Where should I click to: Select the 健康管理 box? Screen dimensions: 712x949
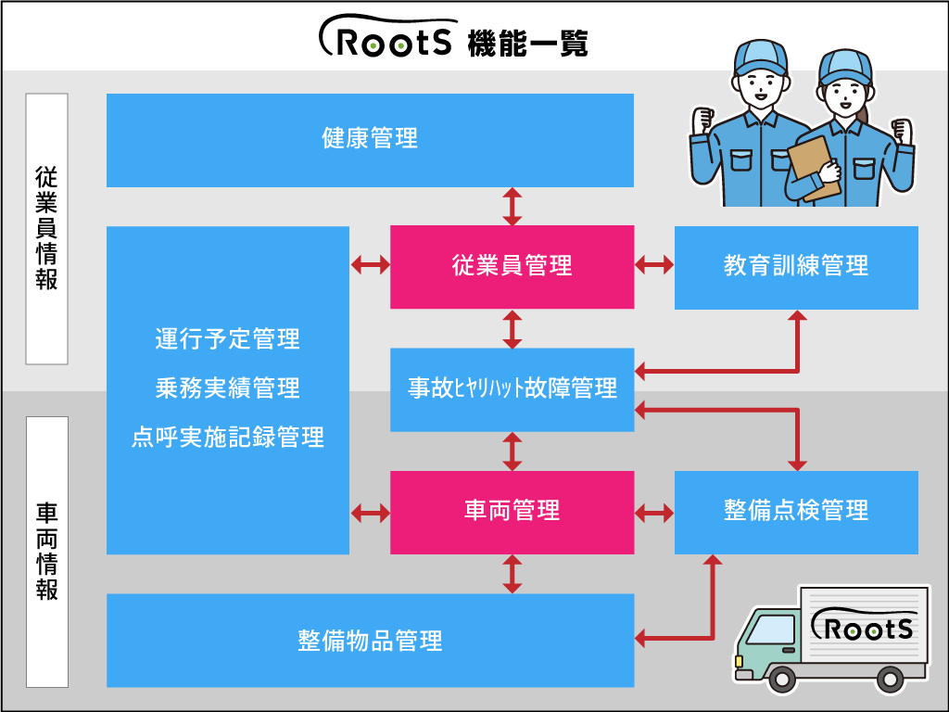370,140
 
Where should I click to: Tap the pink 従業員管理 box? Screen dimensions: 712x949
512,267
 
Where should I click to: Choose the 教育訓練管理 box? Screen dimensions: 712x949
795,267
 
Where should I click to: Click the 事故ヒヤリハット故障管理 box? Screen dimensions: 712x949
512,388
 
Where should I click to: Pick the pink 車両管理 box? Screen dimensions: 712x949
512,512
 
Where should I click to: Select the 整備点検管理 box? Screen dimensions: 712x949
795,512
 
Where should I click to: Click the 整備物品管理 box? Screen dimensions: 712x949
370,641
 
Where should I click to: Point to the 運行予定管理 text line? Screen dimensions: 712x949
228,339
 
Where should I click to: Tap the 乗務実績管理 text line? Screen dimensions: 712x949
228,388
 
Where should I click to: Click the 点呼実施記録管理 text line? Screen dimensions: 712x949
228,438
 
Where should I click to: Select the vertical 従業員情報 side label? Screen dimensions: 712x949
46,228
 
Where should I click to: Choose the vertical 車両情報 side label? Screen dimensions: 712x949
46,552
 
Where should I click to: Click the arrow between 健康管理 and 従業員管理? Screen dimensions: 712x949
512,206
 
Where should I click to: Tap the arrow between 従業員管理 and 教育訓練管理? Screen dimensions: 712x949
654,266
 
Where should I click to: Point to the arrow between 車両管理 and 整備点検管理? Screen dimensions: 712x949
654,512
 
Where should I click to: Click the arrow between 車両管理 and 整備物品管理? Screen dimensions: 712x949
512,574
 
